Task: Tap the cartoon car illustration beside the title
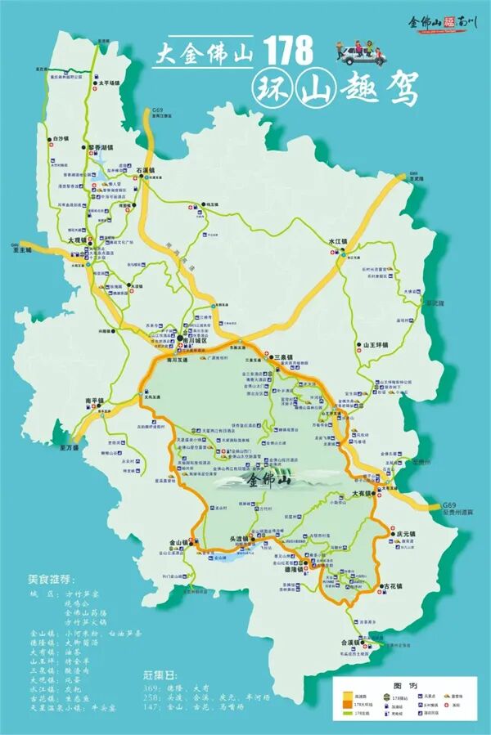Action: [x=361, y=52]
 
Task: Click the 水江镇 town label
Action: [x=338, y=242]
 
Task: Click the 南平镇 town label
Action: [x=95, y=401]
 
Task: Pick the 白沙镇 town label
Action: [x=60, y=139]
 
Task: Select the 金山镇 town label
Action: [x=179, y=541]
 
